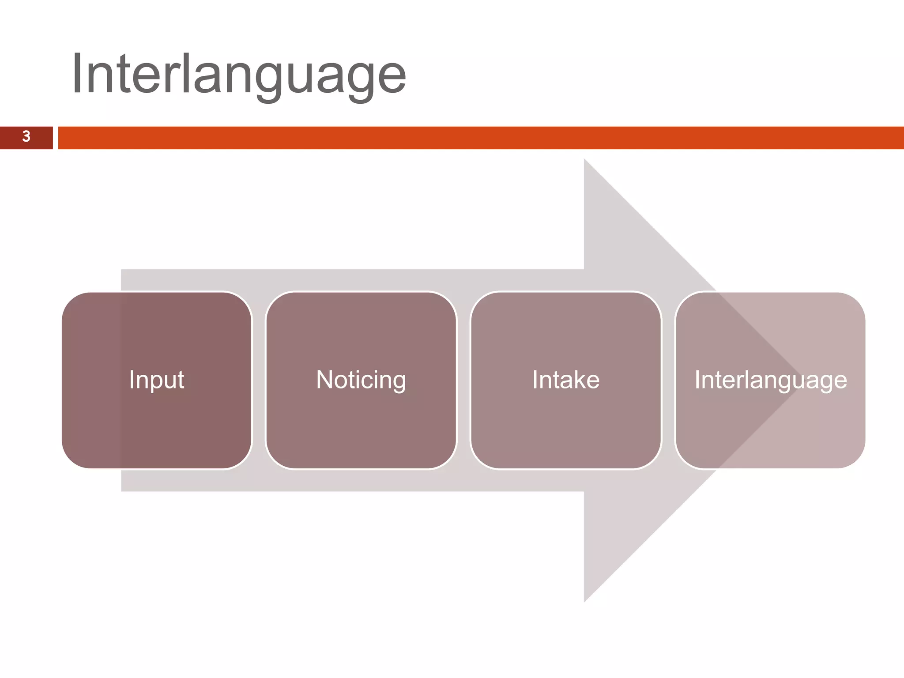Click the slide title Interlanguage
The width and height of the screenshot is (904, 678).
pos(238,74)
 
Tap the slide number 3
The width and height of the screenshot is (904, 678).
pos(26,137)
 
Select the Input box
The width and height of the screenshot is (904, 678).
pos(157,419)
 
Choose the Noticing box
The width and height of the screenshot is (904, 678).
pos(361,424)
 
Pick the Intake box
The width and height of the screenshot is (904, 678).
pos(566,424)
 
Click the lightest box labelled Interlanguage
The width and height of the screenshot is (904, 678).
pos(770,424)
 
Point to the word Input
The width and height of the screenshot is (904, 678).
pos(157,380)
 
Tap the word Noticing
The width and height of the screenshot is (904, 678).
pos(361,380)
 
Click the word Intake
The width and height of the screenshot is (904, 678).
pos(566,380)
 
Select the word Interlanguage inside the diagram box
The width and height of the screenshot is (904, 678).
pos(770,380)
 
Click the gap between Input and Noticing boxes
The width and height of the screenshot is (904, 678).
pos(259,380)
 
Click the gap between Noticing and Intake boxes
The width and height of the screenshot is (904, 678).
pos(463,380)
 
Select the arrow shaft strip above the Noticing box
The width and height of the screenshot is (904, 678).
pos(361,280)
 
